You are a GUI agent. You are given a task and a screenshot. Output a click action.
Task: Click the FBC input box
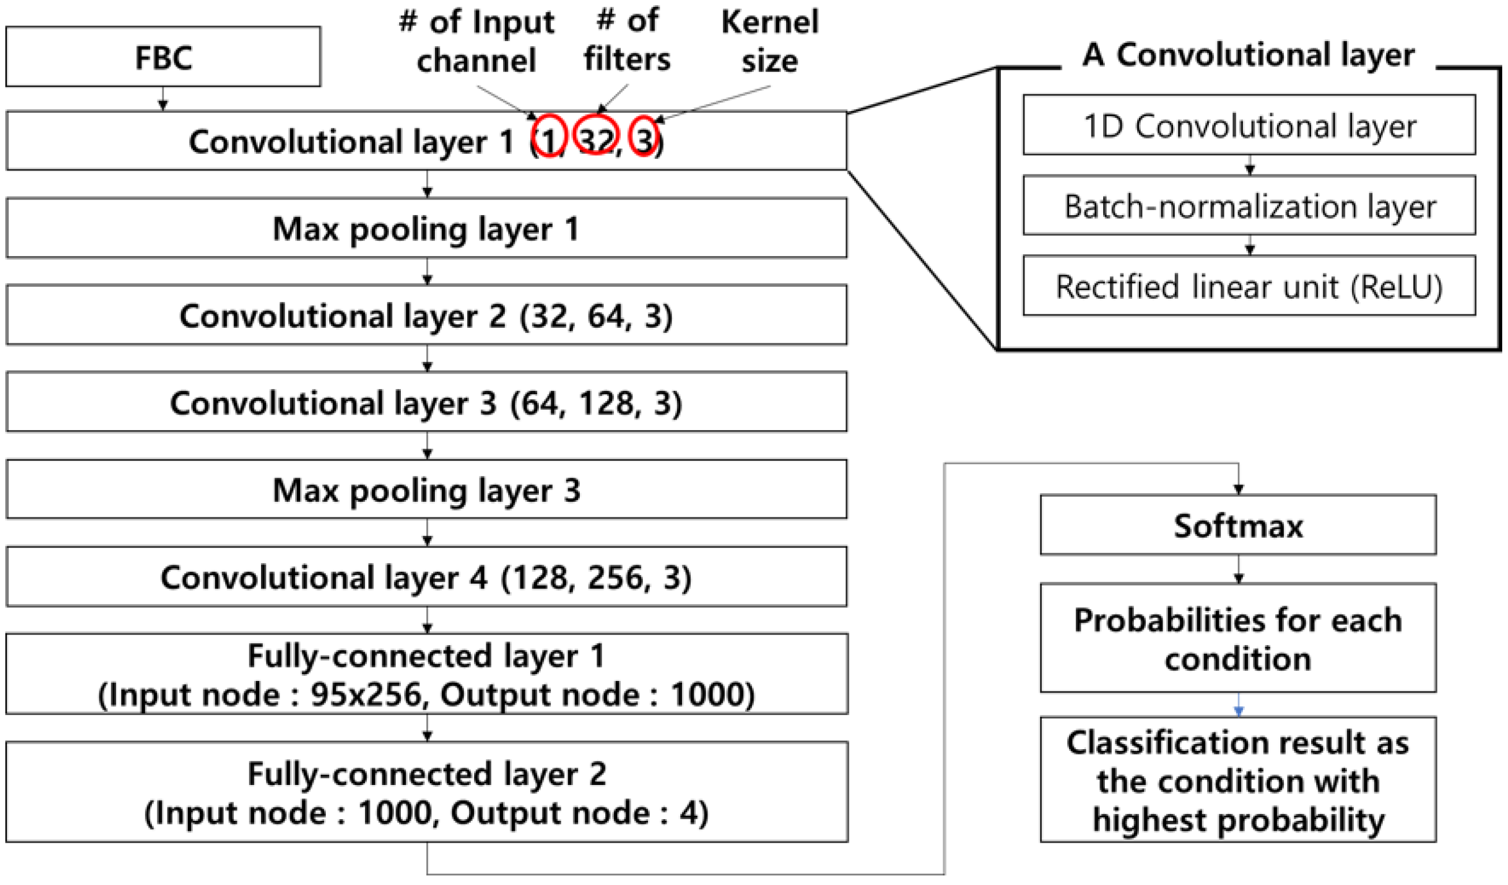(x=163, y=57)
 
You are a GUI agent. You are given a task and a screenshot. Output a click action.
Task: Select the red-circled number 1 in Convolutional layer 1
(x=549, y=136)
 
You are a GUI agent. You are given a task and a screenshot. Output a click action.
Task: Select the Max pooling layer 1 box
(x=426, y=228)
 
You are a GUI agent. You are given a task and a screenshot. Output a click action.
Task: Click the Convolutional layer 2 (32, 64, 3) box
(x=426, y=315)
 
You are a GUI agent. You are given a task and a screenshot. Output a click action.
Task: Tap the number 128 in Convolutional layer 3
(x=606, y=403)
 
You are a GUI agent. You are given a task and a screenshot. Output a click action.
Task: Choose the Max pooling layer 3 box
(x=426, y=490)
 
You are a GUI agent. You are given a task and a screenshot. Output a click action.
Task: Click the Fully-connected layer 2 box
(x=426, y=792)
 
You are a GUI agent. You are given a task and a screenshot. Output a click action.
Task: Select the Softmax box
(x=1238, y=525)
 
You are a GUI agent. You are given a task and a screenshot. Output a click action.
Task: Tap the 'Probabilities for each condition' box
(x=1238, y=638)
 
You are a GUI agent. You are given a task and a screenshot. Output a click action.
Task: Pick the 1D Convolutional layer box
(x=1249, y=126)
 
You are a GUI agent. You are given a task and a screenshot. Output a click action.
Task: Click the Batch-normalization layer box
(x=1249, y=206)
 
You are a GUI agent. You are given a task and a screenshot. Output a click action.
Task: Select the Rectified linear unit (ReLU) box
(x=1249, y=286)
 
